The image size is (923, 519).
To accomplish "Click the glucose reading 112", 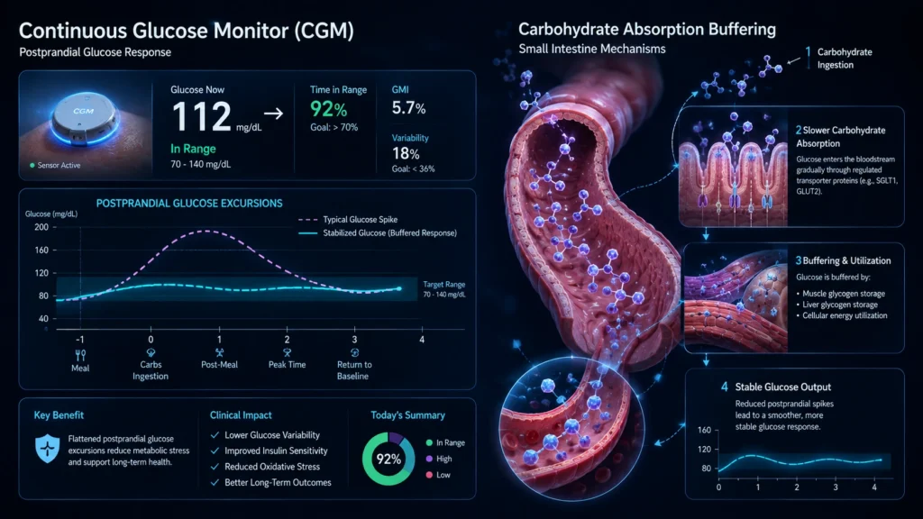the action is pos(201,116).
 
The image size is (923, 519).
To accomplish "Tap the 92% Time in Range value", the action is pos(328,109).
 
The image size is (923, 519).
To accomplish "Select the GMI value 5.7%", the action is pos(408,108).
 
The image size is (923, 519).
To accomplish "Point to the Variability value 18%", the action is pos(406,154).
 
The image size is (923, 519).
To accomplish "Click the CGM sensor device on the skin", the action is pos(84,119).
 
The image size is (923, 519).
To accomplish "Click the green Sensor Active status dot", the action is pos(32,166).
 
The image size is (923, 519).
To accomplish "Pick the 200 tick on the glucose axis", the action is pos(41,227).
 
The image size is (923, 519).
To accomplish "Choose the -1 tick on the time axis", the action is pos(80,340).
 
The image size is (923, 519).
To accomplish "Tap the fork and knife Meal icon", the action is pos(80,355).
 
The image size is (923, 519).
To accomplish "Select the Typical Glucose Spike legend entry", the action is pos(347,220).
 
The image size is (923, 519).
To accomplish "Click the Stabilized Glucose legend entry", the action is pos(378,233).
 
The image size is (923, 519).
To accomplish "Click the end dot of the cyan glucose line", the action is pos(399,289).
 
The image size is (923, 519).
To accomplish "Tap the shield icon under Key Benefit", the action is pos(47,449).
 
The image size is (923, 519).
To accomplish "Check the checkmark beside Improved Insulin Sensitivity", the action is pos(215,451).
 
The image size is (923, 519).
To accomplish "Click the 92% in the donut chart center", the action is pos(388,459).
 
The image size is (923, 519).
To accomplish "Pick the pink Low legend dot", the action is pos(429,475).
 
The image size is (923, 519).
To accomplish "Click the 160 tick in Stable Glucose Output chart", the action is pos(704,430).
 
